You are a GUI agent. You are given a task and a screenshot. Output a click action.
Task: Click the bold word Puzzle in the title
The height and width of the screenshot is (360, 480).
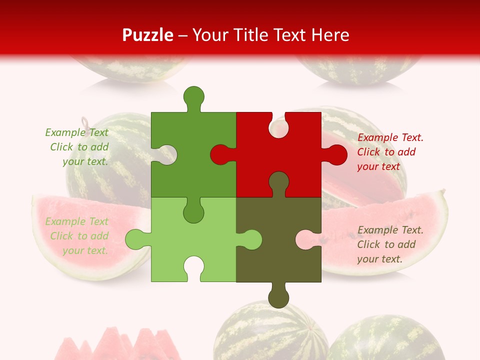pos(148,35)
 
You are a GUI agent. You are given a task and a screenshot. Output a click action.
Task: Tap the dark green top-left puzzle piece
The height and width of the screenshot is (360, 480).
pos(200,150)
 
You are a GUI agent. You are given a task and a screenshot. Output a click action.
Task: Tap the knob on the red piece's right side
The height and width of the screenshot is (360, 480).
pos(336,155)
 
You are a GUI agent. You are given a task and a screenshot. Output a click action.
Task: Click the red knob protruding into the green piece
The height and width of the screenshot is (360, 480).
pos(220,155)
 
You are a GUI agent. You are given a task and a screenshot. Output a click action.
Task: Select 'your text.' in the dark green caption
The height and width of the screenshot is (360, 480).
pos(85,161)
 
